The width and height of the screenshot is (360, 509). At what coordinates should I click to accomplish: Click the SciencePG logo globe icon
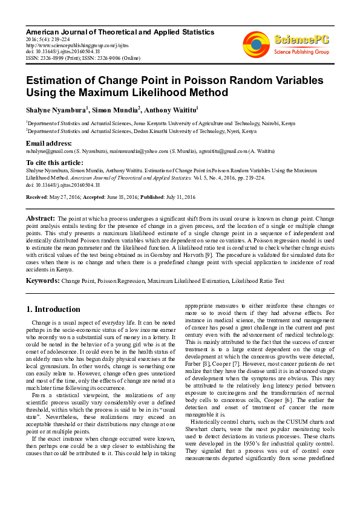[257, 42]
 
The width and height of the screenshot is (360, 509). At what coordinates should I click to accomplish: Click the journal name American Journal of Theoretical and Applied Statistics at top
[120, 31]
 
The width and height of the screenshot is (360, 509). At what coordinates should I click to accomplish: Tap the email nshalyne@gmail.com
[49, 151]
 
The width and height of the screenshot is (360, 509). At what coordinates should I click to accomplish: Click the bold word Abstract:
[41, 218]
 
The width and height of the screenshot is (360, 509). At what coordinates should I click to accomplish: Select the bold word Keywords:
[42, 281]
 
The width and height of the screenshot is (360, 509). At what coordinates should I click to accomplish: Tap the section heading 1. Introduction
[53, 310]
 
